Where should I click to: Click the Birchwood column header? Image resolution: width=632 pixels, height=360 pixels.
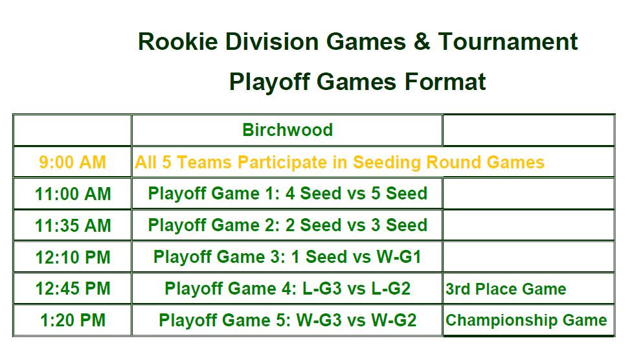(x=288, y=129)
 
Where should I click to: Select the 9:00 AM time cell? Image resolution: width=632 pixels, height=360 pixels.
(x=73, y=162)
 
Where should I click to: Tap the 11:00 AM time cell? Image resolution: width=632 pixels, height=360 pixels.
(x=73, y=194)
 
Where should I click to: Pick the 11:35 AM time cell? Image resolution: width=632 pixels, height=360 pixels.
(x=73, y=225)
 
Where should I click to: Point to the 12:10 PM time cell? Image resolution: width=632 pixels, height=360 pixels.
(x=73, y=257)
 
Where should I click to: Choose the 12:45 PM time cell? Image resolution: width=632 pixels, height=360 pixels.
(x=73, y=289)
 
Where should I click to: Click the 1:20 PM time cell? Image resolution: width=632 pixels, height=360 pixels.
(x=73, y=321)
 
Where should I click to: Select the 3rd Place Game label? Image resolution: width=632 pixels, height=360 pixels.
(x=506, y=289)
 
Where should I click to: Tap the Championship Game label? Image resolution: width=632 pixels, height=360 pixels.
(x=526, y=321)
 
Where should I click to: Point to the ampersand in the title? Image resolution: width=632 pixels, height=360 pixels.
(x=422, y=41)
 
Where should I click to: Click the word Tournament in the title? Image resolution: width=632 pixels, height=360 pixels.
(x=508, y=41)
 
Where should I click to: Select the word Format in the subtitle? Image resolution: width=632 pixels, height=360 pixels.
(x=445, y=82)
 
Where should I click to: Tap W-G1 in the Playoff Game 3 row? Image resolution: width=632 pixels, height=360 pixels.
(x=399, y=257)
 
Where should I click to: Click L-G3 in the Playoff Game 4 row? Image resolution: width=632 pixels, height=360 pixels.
(x=322, y=289)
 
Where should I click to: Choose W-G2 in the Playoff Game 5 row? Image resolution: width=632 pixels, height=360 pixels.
(x=394, y=321)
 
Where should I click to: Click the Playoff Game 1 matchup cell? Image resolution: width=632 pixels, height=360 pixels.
(x=288, y=194)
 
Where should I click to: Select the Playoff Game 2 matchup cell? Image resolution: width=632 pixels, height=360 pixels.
(x=288, y=225)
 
